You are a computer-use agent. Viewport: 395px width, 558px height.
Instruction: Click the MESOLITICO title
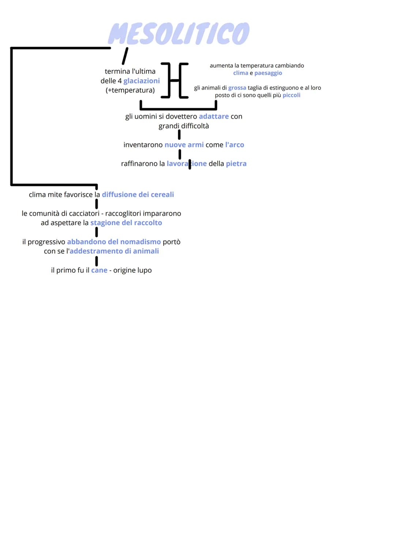[179, 33]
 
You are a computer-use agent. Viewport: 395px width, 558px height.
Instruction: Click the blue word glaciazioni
[142, 81]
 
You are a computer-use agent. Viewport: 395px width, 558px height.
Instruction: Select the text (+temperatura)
[130, 90]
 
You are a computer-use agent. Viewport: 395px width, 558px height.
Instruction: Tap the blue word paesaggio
[268, 73]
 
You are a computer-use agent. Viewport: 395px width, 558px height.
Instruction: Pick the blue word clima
[241, 73]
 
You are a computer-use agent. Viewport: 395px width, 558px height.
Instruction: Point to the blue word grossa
[237, 88]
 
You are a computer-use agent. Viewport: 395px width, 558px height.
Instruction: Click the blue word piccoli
[291, 95]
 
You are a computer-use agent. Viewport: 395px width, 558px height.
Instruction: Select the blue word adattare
[214, 116]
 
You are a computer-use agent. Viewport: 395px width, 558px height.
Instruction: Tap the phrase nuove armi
[184, 145]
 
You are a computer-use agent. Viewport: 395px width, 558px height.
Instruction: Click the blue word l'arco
[234, 145]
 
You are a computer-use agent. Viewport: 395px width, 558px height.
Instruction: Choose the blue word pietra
[236, 164]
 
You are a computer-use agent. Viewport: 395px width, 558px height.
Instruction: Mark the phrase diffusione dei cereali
[138, 194]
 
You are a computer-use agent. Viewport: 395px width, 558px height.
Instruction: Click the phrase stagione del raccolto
[126, 223]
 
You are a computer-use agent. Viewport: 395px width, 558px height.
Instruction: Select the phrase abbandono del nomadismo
[114, 242]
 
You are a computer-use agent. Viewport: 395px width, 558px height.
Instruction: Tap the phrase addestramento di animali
[114, 251]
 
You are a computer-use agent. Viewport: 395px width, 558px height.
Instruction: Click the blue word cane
[99, 270]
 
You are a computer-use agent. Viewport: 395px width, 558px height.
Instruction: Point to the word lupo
[144, 270]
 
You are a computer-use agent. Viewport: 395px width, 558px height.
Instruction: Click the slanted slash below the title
[125, 56]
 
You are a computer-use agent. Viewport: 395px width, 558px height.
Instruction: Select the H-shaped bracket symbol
[175, 80]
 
